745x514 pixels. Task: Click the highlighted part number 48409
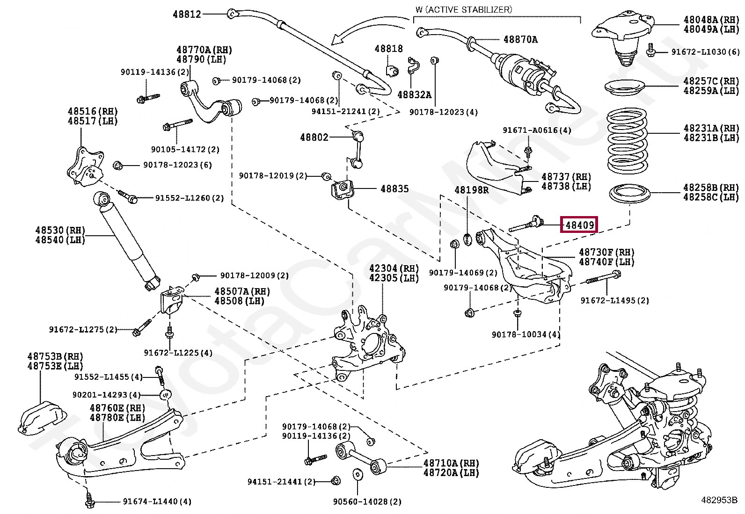coord(580,225)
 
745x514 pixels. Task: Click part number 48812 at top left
coord(187,14)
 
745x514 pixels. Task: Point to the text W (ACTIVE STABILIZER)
coord(463,9)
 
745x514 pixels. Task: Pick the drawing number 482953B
coord(718,499)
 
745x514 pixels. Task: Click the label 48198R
coord(471,190)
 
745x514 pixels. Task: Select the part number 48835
coord(394,189)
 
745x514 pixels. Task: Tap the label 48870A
coord(520,40)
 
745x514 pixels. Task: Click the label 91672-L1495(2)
coord(614,301)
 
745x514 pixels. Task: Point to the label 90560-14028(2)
coord(367,502)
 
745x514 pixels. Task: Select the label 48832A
coord(414,95)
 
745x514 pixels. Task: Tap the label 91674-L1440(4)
coord(157,502)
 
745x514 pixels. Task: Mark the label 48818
coord(388,49)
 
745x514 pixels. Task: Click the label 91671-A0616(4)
coord(537,130)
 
